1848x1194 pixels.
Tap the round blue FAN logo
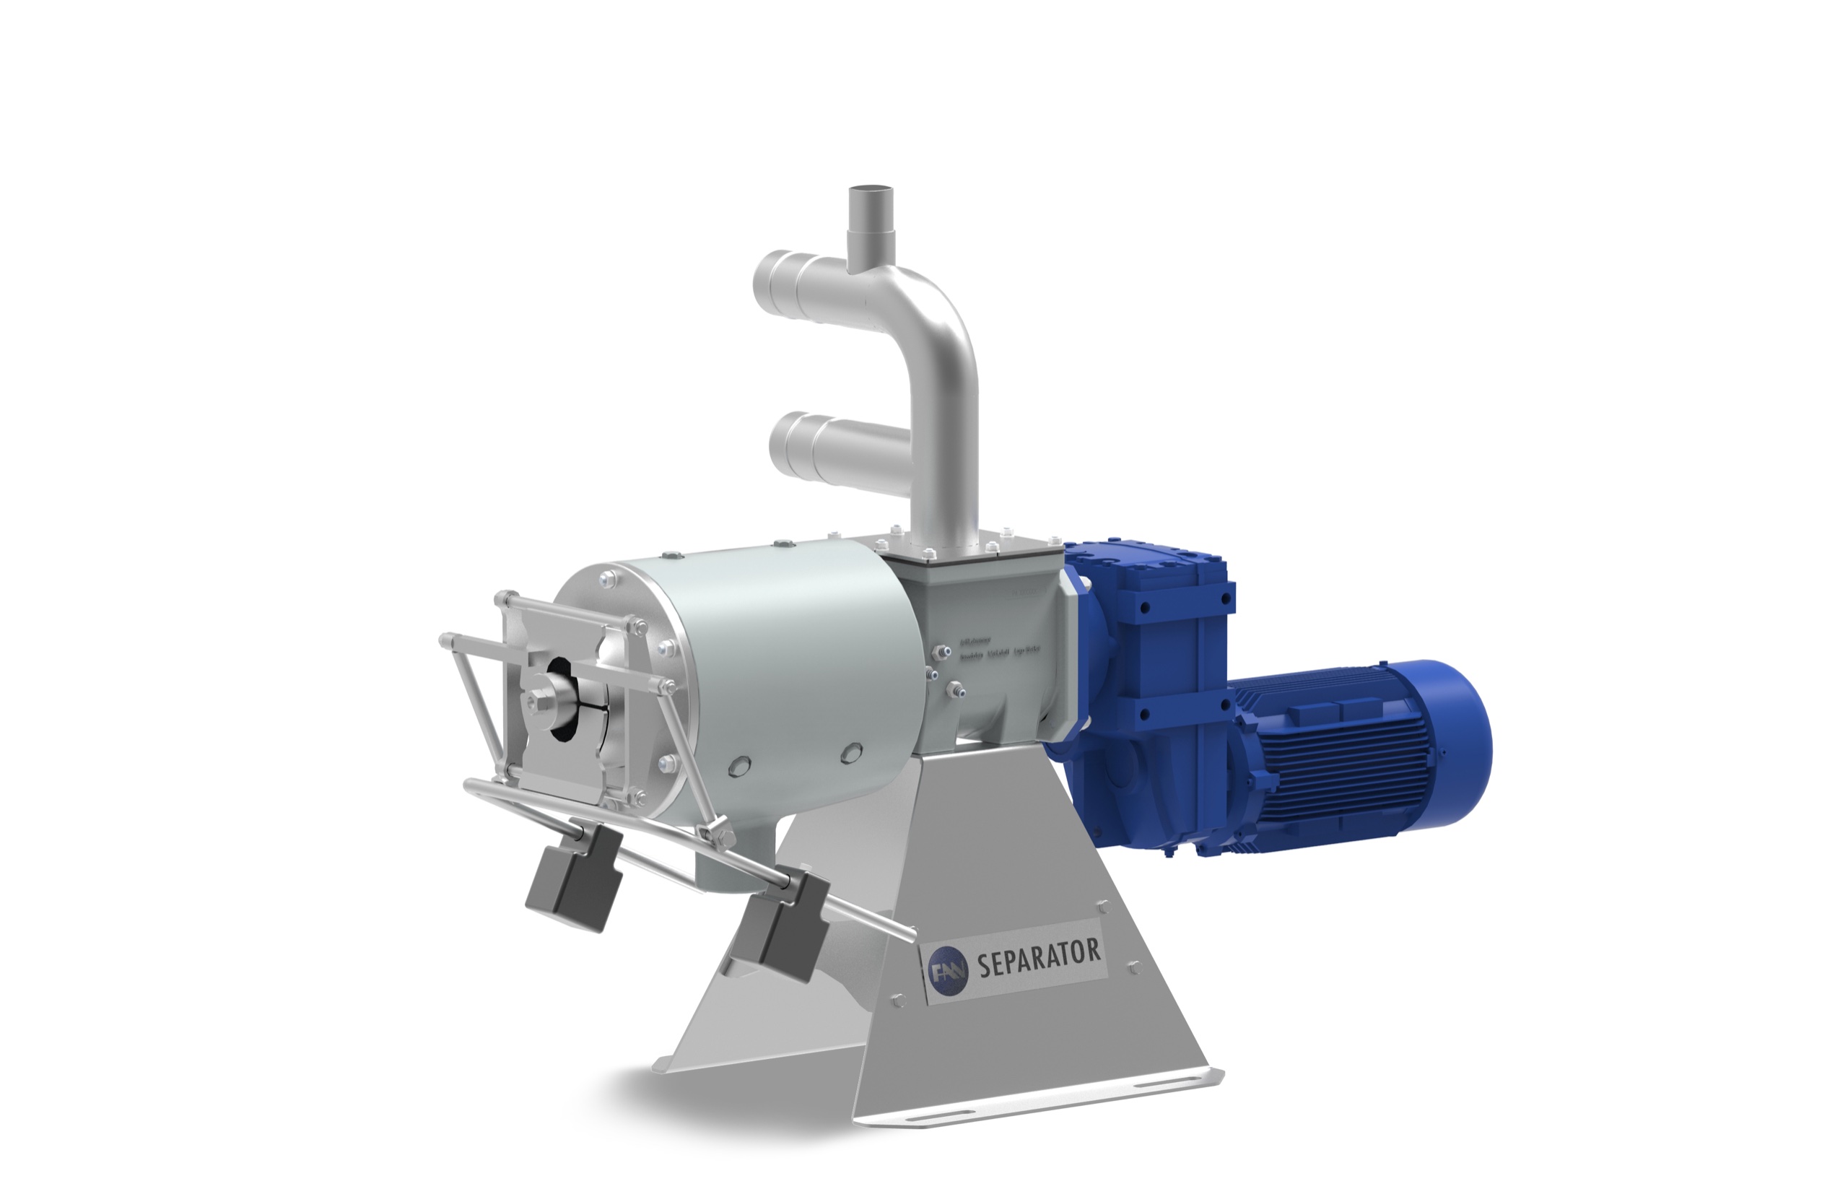pos(947,972)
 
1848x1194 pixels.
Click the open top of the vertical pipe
pos(872,192)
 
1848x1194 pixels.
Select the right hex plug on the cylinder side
pos(850,751)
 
